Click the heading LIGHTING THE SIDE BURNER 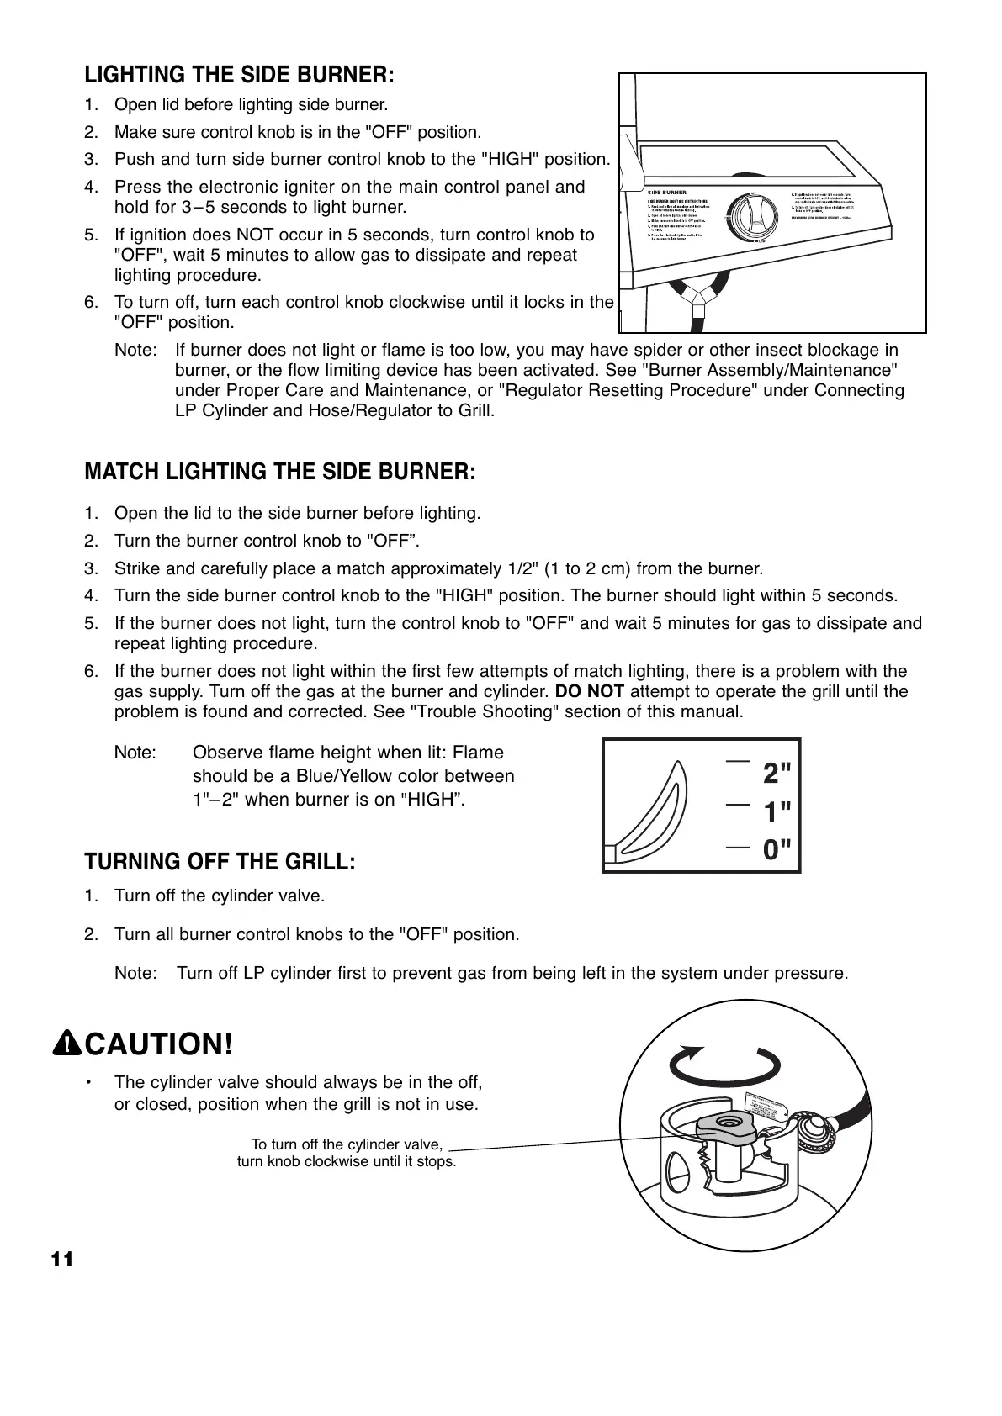239,75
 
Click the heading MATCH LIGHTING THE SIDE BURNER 280,471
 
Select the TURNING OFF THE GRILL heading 220,862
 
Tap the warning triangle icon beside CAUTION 66,1044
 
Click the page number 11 62,1260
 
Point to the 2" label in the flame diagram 777,773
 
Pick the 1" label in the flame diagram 777,812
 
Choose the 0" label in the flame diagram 777,850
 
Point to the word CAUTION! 158,1044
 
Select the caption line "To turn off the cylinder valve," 347,1144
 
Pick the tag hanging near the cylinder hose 766,1107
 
